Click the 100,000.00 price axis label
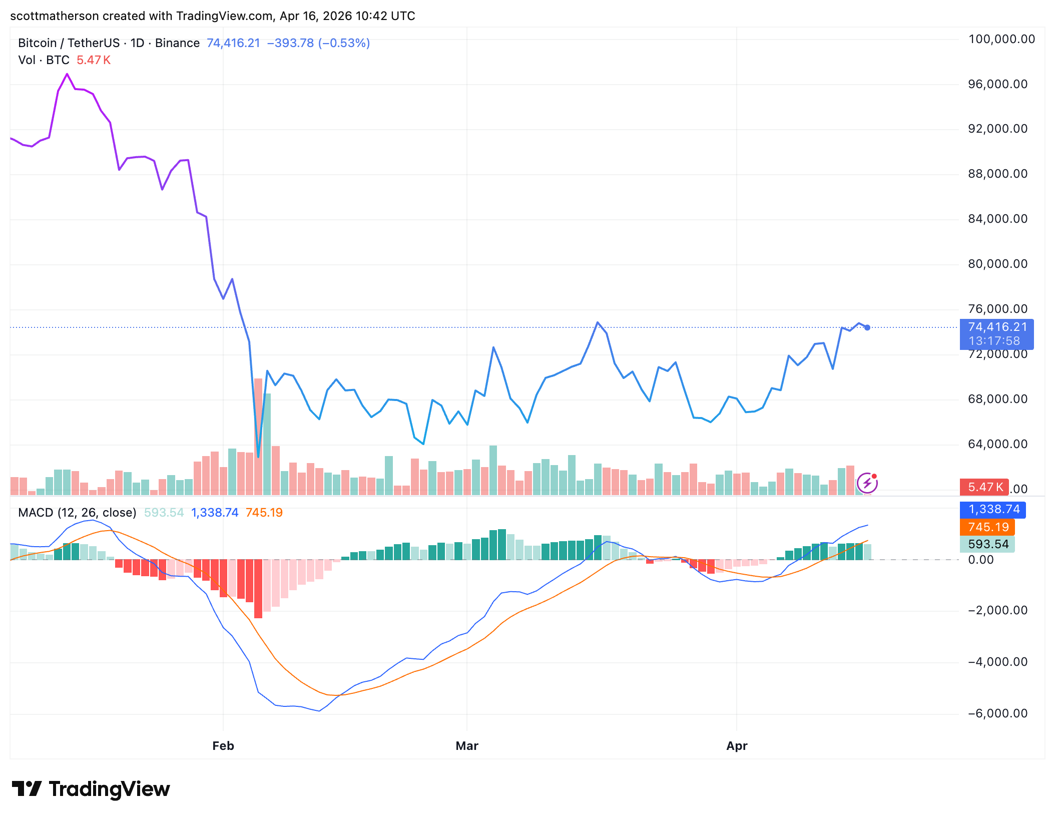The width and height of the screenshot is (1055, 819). pyautogui.click(x=1001, y=39)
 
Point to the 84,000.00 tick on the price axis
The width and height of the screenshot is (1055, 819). pyautogui.click(x=997, y=219)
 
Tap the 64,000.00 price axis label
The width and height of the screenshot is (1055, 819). pyautogui.click(x=997, y=444)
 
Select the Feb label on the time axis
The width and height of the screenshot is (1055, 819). pyautogui.click(x=223, y=746)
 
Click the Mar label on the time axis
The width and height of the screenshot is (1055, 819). pyautogui.click(x=467, y=746)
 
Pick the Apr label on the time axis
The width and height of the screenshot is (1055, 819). pyautogui.click(x=737, y=746)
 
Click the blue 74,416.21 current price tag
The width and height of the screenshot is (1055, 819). pyautogui.click(x=996, y=334)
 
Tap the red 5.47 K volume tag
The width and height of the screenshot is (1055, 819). pyautogui.click(x=984, y=487)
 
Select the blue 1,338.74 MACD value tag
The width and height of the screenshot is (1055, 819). pyautogui.click(x=993, y=510)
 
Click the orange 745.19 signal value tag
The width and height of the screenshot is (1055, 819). pyautogui.click(x=987, y=527)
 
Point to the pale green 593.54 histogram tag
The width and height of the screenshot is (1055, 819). pyautogui.click(x=987, y=544)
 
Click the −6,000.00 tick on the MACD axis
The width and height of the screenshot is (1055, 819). pyautogui.click(x=997, y=713)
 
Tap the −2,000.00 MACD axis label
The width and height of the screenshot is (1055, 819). pyautogui.click(x=997, y=610)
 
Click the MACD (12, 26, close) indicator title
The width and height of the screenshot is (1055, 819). pyautogui.click(x=77, y=513)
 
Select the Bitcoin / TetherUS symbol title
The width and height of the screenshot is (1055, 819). pyautogui.click(x=69, y=43)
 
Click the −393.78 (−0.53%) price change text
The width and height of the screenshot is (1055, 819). pyautogui.click(x=318, y=43)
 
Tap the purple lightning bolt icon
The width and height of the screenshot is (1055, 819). pyautogui.click(x=867, y=483)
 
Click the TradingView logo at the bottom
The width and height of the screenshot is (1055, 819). pyautogui.click(x=91, y=789)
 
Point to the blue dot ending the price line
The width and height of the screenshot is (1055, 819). pyautogui.click(x=867, y=327)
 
